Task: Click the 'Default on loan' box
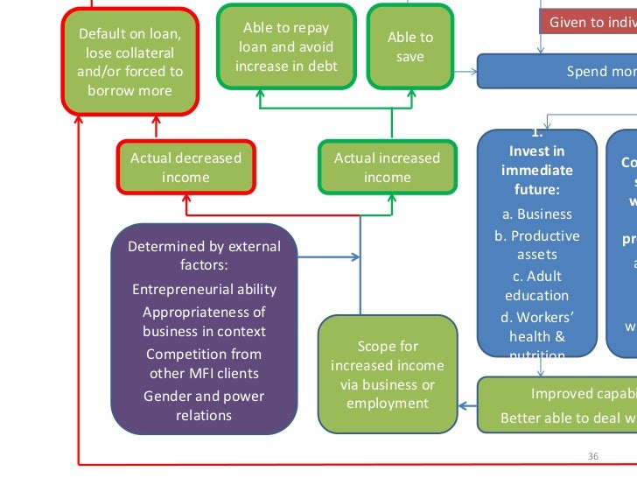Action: point(130,62)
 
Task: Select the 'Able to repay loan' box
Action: point(286,47)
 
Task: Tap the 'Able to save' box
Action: point(410,47)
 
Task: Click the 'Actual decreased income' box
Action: point(185,167)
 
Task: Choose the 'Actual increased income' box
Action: point(387,167)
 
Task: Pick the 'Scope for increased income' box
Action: point(387,375)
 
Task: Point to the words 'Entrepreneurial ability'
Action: point(204,289)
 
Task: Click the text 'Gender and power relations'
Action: point(204,405)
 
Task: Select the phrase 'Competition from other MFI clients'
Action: point(204,363)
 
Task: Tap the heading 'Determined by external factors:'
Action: point(204,255)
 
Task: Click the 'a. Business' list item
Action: point(537,214)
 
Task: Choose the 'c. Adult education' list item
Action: point(537,285)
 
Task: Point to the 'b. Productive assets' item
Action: point(537,245)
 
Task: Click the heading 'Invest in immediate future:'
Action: point(537,170)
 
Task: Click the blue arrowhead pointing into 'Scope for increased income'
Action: point(464,404)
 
